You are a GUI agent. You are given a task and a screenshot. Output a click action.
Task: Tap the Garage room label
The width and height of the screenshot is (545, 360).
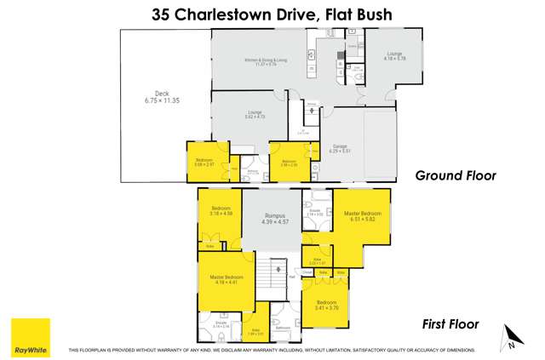(x=340, y=147)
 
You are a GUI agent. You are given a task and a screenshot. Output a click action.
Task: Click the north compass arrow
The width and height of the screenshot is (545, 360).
(x=509, y=338)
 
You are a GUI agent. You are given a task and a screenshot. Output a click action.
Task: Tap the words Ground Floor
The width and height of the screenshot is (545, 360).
(x=455, y=176)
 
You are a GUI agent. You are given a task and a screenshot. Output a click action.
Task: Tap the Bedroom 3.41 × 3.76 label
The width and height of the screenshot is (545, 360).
(x=328, y=306)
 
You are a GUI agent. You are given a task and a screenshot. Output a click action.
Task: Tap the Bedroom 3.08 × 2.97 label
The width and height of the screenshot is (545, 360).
(x=204, y=162)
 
